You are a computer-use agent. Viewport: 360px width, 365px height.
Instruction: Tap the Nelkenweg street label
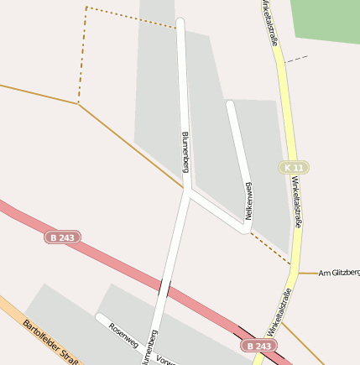coord(248,201)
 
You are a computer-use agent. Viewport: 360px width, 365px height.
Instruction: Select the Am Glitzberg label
coord(339,273)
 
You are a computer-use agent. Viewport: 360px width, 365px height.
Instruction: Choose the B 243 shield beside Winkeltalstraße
coord(259,346)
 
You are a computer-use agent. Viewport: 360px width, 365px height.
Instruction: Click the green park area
coord(326,21)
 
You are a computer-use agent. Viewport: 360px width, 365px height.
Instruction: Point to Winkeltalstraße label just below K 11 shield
coord(298,201)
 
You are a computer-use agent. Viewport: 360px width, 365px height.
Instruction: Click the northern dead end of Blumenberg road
coord(180,21)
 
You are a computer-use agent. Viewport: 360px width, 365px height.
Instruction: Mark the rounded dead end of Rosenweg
coord(100,318)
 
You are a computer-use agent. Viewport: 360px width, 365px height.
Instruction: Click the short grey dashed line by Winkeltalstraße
coord(296,59)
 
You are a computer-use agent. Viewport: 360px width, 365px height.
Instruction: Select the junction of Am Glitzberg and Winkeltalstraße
coord(299,273)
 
